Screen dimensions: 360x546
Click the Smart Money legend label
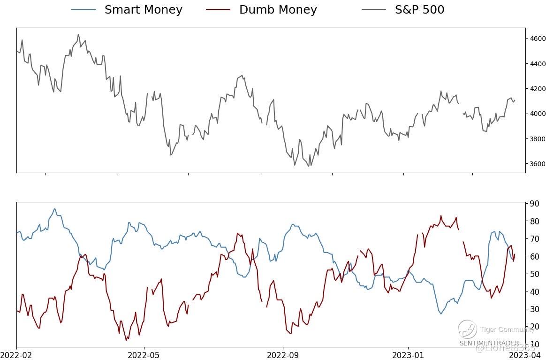pos(143,9)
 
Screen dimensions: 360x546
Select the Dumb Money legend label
pos(278,9)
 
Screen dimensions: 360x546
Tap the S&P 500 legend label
pos(419,9)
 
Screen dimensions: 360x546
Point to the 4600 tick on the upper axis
pos(538,38)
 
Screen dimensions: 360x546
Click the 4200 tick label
pos(538,89)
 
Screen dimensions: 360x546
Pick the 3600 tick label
pos(538,164)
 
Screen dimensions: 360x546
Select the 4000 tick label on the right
pos(538,114)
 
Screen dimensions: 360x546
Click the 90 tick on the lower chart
pos(535,204)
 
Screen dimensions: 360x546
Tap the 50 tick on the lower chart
pos(535,274)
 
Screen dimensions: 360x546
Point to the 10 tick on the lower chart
pos(535,345)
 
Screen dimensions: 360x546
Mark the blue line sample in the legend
pos(83,9)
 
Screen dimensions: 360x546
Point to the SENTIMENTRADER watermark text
pos(489,343)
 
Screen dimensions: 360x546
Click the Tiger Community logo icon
pos(467,329)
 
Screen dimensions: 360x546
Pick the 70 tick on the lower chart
pos(535,239)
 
